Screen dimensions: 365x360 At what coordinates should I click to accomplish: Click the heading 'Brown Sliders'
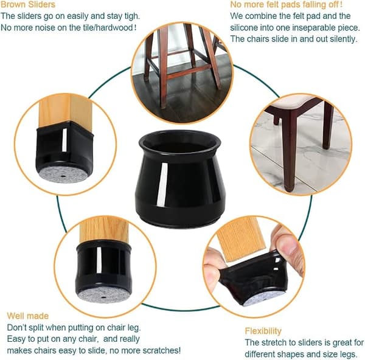point(28,4)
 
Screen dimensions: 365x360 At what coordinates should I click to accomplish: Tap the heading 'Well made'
point(28,316)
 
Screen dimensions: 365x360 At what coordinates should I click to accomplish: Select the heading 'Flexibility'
point(263,331)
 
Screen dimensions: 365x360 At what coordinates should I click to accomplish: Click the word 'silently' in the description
point(344,39)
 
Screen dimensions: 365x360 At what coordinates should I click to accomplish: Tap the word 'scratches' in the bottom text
point(161,350)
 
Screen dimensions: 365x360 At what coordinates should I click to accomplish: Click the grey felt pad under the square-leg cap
point(63,175)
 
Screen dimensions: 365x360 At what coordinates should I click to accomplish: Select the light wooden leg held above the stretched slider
point(242,238)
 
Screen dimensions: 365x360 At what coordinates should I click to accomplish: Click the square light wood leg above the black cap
point(65,110)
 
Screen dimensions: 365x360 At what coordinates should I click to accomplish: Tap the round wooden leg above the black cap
point(104,230)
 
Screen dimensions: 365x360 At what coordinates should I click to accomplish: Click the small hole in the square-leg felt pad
point(63,176)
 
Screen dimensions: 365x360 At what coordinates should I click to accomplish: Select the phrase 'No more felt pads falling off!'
point(287,4)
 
